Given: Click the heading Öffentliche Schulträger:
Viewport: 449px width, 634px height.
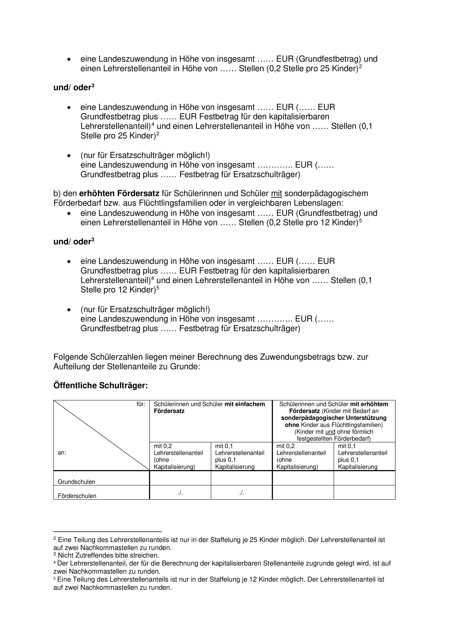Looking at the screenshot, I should coord(101,386).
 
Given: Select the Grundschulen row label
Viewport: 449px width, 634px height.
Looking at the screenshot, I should coord(76,482).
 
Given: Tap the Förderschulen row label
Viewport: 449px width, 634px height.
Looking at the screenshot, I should coord(77,496).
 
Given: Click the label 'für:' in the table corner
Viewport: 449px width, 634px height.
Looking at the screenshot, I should coord(141,404).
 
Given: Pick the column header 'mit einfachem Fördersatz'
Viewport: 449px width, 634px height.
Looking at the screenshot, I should coord(209,408).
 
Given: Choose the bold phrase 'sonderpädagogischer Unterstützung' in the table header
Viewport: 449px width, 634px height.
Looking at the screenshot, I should coord(334,418).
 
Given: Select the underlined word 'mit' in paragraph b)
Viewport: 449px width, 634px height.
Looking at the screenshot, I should coord(277,194).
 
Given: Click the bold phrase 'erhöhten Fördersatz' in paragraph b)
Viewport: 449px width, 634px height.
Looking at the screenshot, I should coord(119,194).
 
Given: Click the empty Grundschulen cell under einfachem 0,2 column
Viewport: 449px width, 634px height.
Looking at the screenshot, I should coord(180,478).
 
